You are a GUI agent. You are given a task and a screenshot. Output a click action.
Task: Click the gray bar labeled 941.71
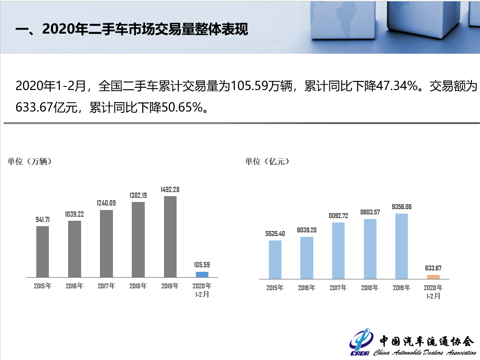pyautogui.click(x=43, y=251)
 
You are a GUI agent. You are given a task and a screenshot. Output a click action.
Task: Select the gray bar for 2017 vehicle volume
pyautogui.click(x=106, y=243)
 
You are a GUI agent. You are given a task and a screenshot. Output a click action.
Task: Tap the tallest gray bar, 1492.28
pyautogui.click(x=170, y=236)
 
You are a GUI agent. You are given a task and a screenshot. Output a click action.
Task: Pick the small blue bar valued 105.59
pyautogui.click(x=202, y=274)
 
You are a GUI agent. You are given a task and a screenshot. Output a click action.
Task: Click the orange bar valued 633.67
pyautogui.click(x=433, y=277)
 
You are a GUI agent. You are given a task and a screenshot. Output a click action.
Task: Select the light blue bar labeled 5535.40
pyautogui.click(x=275, y=260)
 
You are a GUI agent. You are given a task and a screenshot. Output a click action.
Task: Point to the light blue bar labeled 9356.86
pyautogui.click(x=402, y=246)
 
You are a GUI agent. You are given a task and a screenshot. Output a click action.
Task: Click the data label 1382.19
pyautogui.click(x=138, y=196)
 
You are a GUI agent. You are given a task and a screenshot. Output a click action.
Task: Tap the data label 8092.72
pyautogui.click(x=338, y=216)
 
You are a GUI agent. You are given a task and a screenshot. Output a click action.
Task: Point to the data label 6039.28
pyautogui.click(x=307, y=230)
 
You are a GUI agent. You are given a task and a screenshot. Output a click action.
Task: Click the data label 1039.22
pyautogui.click(x=74, y=214)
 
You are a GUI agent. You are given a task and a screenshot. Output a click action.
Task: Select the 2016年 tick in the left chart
pyautogui.click(x=74, y=286)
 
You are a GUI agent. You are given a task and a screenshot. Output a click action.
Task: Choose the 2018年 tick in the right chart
pyautogui.click(x=370, y=288)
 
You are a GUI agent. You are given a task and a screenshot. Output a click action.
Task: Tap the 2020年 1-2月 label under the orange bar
pyautogui.click(x=433, y=292)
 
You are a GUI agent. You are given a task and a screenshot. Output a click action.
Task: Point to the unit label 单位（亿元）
pyautogui.click(x=267, y=162)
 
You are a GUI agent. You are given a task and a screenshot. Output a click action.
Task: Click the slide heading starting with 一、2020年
pyautogui.click(x=131, y=30)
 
